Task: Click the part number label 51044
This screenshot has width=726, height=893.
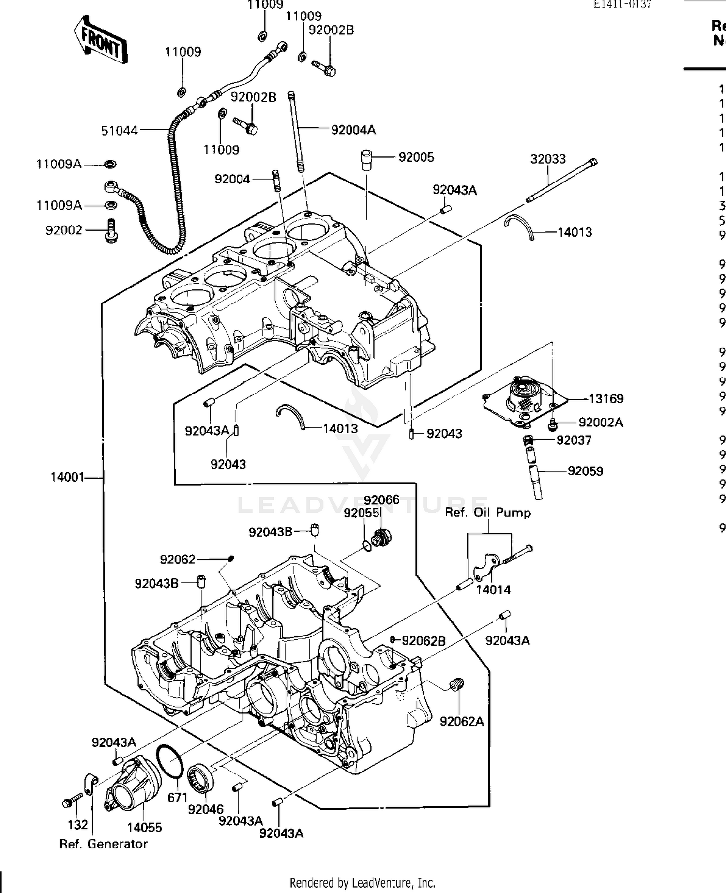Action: pyautogui.click(x=119, y=131)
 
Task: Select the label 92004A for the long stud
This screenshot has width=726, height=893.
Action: pyautogui.click(x=353, y=130)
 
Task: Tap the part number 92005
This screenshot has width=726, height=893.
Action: pyautogui.click(x=416, y=157)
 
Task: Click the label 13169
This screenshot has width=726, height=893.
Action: pyautogui.click(x=606, y=399)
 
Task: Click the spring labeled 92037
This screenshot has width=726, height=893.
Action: pyautogui.click(x=529, y=440)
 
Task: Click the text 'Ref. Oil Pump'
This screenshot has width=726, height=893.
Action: pyautogui.click(x=488, y=513)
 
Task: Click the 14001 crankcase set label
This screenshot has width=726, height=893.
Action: pyautogui.click(x=68, y=478)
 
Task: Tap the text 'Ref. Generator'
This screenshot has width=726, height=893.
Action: pyautogui.click(x=103, y=844)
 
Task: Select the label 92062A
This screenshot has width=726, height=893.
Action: pyautogui.click(x=461, y=722)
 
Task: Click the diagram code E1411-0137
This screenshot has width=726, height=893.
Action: pyautogui.click(x=622, y=5)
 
